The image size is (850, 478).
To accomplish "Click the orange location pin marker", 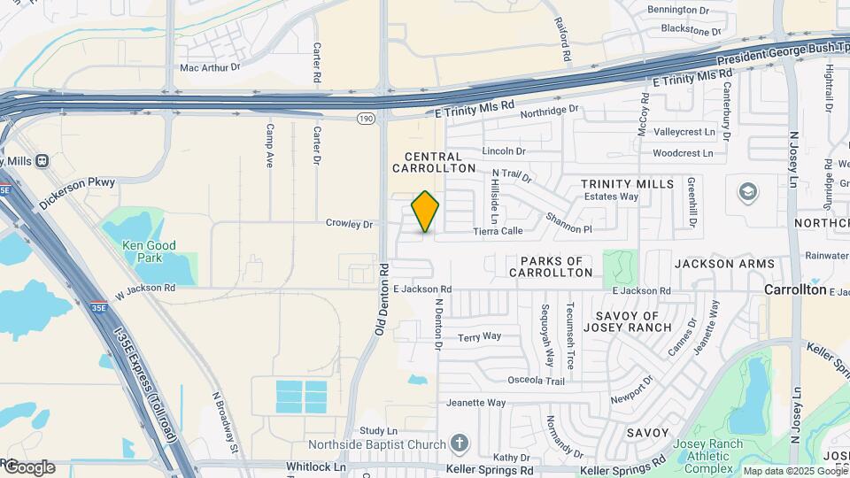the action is (426, 212).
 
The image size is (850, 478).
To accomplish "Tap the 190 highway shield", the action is (366, 118).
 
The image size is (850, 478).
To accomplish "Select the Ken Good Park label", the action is (150, 251).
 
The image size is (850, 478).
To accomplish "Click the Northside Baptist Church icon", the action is (458, 443).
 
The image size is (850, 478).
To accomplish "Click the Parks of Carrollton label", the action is (551, 266).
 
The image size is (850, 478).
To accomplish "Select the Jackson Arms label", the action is (724, 264).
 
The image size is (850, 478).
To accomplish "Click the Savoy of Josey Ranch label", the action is (627, 322).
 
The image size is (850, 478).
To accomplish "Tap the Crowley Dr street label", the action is (350, 224).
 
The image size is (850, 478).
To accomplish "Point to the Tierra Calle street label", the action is (498, 231).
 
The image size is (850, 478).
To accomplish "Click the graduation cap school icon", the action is (748, 192).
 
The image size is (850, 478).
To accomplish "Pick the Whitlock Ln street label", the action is (316, 466).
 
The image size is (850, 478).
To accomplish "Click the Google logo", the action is (29, 467).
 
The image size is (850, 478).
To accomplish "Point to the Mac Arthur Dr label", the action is (210, 66).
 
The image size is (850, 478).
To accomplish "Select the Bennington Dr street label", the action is (678, 10).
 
